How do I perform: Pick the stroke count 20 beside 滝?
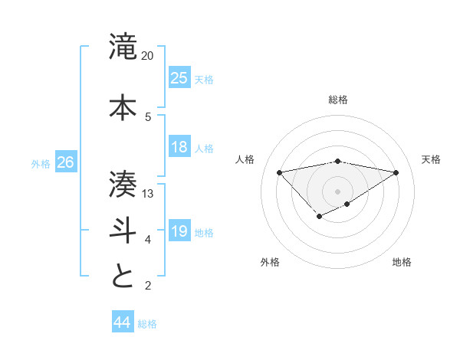click(148, 56)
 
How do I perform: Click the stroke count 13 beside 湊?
click(148, 194)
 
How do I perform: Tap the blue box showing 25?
click(179, 77)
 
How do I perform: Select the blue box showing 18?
click(179, 147)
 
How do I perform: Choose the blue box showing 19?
click(179, 231)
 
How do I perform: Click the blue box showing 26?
click(65, 162)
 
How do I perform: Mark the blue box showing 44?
click(122, 322)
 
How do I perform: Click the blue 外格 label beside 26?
click(41, 163)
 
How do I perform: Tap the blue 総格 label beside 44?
click(147, 324)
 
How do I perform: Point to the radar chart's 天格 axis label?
click(431, 159)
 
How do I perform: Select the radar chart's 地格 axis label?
click(402, 262)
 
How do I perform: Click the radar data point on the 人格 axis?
click(280, 172)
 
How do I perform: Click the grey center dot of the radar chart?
click(338, 191)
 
